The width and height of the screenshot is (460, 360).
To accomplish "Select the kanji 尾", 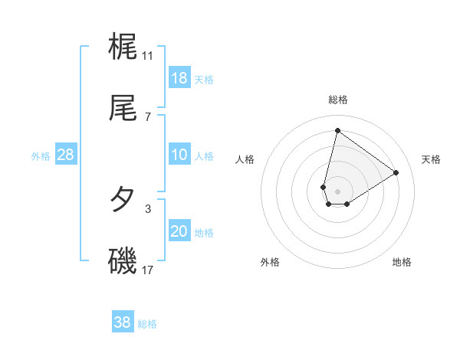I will click(123, 108).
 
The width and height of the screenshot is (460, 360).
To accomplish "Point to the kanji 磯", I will click(123, 261).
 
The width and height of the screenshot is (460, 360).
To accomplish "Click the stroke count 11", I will click(147, 55).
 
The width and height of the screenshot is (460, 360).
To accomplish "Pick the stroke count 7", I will click(147, 116).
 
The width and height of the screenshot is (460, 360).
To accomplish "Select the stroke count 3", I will click(147, 208).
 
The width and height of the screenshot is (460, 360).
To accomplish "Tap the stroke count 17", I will click(147, 270).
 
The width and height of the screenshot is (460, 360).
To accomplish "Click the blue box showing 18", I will click(179, 78).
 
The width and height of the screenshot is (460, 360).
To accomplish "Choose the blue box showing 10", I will click(179, 155).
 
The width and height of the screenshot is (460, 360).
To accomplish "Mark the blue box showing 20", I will click(179, 231).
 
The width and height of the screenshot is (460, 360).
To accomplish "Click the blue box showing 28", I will click(66, 155).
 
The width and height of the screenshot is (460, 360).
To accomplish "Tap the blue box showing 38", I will click(123, 322).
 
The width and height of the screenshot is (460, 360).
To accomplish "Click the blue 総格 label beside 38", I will click(147, 324).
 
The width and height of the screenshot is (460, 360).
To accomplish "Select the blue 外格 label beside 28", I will click(41, 156).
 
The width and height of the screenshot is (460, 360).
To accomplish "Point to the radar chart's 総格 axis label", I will click(337, 100).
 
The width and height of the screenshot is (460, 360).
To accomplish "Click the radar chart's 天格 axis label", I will click(431, 159).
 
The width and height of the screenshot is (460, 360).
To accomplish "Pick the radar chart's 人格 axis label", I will click(245, 159).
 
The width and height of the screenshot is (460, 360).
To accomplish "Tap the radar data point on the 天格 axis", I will click(396, 172).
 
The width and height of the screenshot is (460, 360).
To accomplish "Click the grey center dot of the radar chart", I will click(337, 191).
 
